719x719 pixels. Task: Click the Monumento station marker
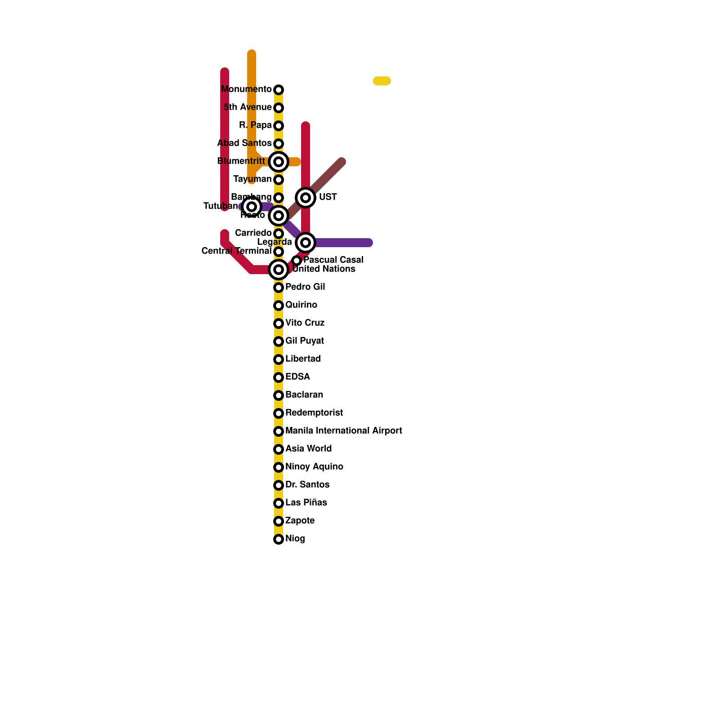tap(279, 90)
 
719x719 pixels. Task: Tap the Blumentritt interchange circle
tap(279, 162)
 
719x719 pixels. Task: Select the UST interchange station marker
tap(306, 198)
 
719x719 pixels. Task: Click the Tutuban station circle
tap(252, 207)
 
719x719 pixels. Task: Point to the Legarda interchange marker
tap(306, 243)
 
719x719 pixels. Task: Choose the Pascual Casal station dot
tap(297, 261)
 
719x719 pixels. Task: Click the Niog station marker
tap(279, 539)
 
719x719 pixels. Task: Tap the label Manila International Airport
tap(343, 431)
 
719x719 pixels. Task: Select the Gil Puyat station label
tap(304, 341)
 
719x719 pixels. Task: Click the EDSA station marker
tap(279, 377)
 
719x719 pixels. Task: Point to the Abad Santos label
tap(244, 143)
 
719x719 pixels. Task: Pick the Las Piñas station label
tap(306, 503)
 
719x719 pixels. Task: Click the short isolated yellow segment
tap(382, 81)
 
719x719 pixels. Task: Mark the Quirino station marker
tap(279, 306)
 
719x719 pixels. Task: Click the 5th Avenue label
tap(248, 107)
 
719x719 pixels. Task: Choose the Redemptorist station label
tap(314, 413)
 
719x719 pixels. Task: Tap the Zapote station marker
tap(279, 521)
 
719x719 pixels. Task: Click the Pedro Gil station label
tap(305, 287)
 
